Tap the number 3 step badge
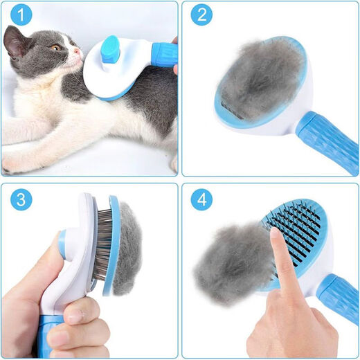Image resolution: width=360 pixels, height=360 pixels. [x=21, y=201]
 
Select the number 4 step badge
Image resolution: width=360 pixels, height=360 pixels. [x=201, y=201]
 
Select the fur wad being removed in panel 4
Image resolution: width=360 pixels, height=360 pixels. [x=232, y=263]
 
